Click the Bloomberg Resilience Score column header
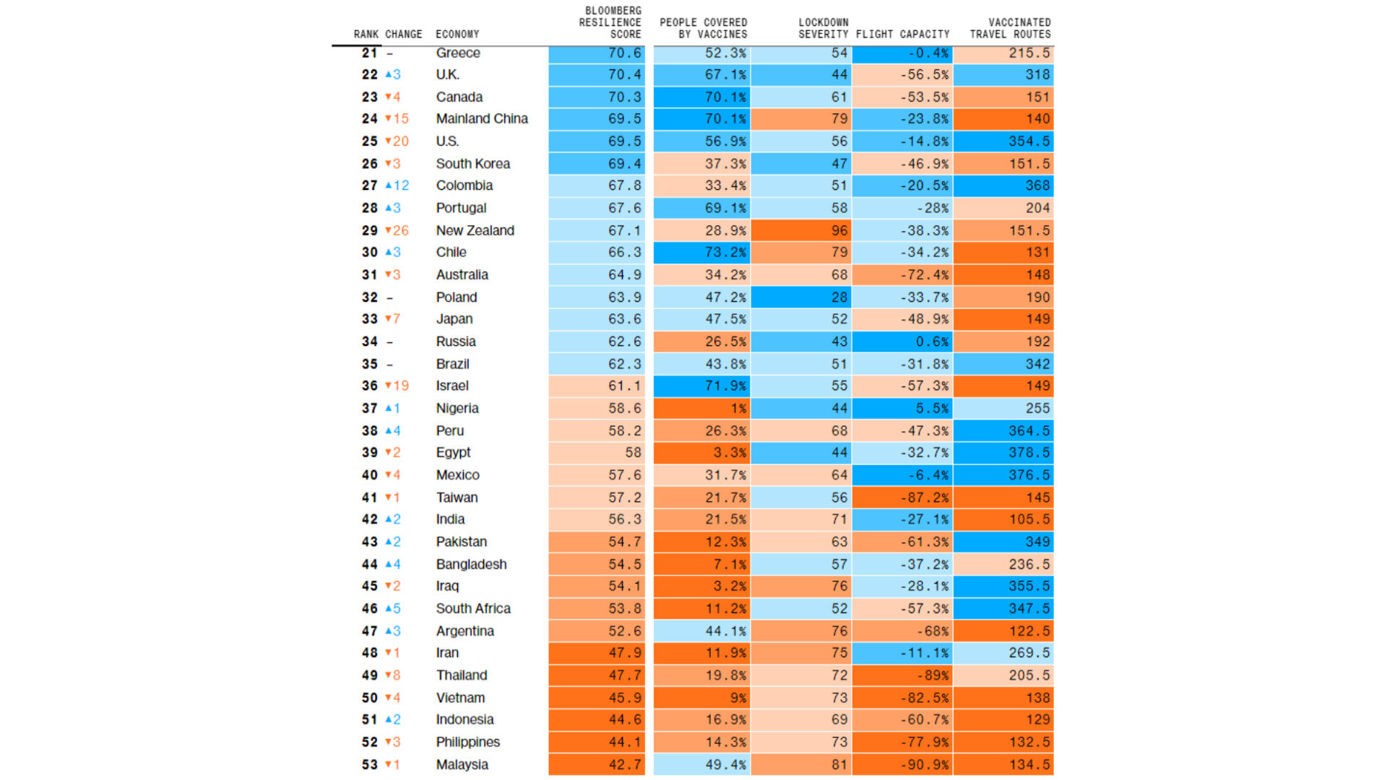click(610, 22)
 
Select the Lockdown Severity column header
click(823, 28)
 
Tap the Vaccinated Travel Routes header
click(1010, 28)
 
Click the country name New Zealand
click(475, 230)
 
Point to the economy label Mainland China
click(482, 118)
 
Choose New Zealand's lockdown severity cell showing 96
click(802, 230)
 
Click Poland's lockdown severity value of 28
click(802, 297)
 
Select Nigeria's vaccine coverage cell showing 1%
click(702, 408)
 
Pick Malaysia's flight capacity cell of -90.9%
click(902, 764)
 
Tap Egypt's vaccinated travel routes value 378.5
click(1003, 452)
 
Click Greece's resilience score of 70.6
click(596, 53)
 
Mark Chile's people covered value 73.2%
click(702, 252)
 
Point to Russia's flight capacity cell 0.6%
click(902, 342)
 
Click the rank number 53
click(370, 764)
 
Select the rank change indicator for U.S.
click(397, 141)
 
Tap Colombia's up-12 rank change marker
click(397, 186)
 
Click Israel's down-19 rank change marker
click(397, 386)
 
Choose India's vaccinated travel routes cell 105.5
click(1003, 519)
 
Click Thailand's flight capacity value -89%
click(902, 675)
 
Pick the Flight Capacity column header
click(902, 34)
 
